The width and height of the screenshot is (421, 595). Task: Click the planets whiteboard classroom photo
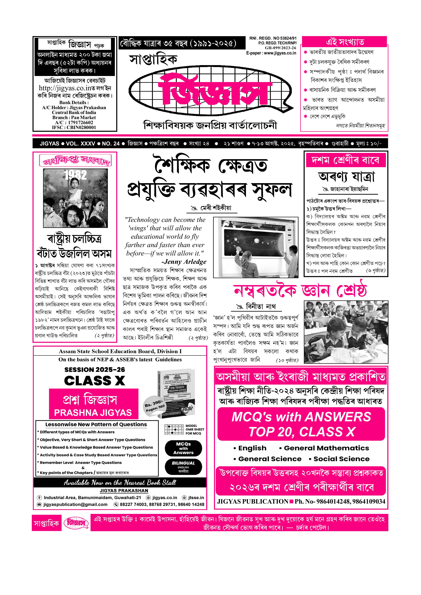(x=256, y=247)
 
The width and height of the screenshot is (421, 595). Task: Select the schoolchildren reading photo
(x=346, y=332)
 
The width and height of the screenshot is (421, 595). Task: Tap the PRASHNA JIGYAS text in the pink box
(x=93, y=413)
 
